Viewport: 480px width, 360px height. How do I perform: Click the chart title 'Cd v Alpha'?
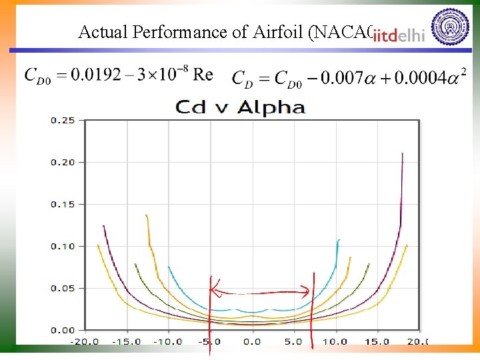coord(240,107)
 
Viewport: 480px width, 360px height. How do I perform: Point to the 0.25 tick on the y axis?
coord(63,121)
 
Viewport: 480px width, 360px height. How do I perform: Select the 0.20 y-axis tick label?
coord(63,163)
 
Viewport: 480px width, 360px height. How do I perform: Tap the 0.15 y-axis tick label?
coord(63,205)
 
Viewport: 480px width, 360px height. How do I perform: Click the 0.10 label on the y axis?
coord(63,247)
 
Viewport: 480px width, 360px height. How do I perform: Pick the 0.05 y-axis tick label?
coord(63,289)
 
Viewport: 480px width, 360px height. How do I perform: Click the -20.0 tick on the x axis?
coord(85,341)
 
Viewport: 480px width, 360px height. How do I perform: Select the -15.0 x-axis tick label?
coord(126,341)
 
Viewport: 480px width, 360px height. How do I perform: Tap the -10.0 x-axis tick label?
coord(168,341)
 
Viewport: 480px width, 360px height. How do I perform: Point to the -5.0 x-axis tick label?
coord(210,341)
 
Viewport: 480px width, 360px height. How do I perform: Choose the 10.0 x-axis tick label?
coord(335,341)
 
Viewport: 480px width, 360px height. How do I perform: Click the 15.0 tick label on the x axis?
coord(377,341)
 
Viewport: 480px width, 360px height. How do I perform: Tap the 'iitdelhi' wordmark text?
coord(399,36)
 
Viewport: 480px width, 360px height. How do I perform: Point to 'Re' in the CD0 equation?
coord(203,75)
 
